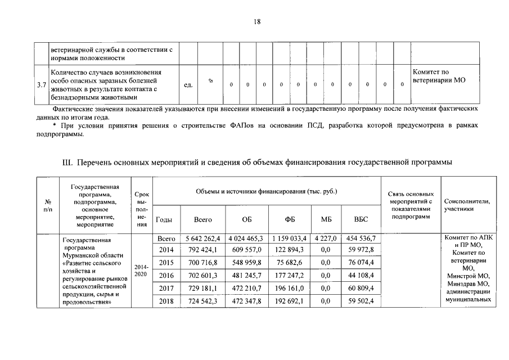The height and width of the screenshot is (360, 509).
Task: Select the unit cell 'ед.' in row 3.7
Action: point(188,85)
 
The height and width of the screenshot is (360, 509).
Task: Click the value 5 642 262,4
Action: point(202,238)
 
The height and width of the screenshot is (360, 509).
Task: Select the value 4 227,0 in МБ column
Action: point(325,238)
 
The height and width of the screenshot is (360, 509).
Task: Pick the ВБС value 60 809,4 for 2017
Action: point(361,289)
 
